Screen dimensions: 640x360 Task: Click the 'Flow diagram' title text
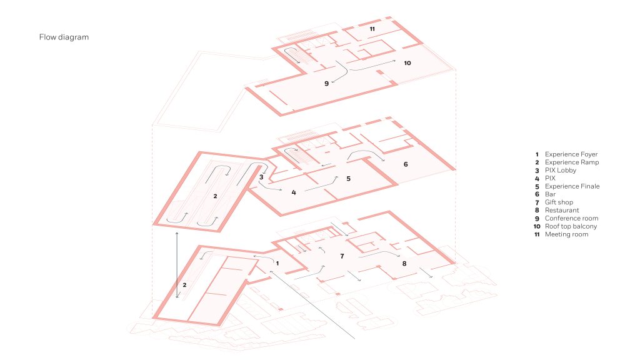(64, 37)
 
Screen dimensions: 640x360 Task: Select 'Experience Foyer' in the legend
(571, 154)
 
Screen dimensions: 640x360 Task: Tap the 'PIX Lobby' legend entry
(561, 170)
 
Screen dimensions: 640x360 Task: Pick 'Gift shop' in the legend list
(559, 202)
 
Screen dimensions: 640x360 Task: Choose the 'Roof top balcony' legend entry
(571, 226)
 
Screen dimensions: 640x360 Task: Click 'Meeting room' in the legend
(566, 234)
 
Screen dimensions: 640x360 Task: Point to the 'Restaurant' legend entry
(562, 210)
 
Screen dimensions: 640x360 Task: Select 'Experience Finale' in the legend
(572, 186)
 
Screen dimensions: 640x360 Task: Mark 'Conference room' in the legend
(571, 218)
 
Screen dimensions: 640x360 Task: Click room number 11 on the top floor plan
(372, 29)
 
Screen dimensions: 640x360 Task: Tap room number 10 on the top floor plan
(407, 63)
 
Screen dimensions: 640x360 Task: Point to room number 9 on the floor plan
(326, 83)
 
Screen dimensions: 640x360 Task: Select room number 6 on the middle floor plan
(406, 164)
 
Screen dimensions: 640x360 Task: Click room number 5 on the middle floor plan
(348, 178)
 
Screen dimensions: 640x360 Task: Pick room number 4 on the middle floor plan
(294, 192)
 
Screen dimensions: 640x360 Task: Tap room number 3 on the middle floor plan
(261, 177)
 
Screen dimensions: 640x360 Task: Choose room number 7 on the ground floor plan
(342, 256)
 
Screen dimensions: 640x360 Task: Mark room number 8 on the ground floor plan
(404, 263)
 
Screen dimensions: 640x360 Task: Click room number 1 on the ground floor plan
(277, 263)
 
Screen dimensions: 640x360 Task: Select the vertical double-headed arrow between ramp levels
(177, 265)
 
